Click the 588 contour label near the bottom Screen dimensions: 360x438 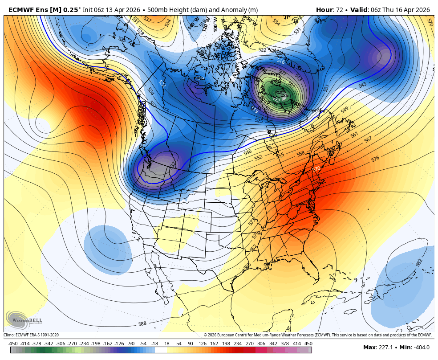click(142, 324)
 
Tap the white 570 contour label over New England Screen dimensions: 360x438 click(316, 169)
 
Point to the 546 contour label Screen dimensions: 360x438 click(247, 152)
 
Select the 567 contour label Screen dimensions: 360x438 click(368, 139)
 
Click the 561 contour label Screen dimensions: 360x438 click(354, 135)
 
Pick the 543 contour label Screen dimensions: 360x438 click(362, 85)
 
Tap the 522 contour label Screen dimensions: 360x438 click(263, 50)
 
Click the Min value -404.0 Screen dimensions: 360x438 click(421, 348)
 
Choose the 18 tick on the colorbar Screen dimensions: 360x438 click(167, 344)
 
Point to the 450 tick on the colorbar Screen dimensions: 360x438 click(308, 344)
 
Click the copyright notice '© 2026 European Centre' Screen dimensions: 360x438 click(236, 335)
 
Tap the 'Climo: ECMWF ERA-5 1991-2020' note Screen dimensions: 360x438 click(31, 335)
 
